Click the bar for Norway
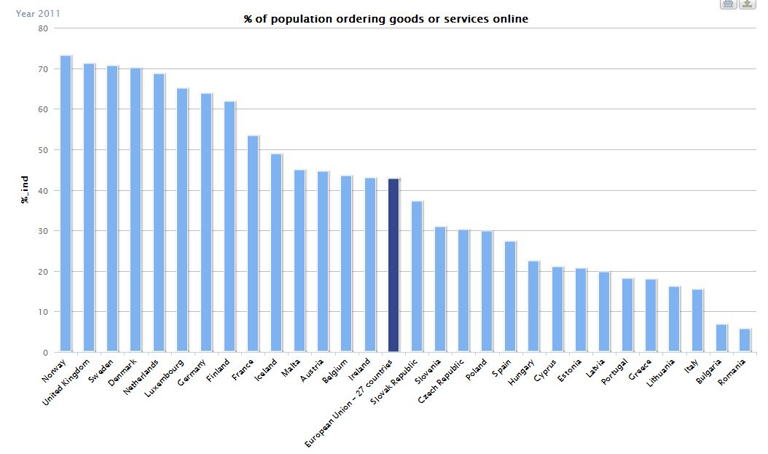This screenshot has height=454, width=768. tap(66, 203)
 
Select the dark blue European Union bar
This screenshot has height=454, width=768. tap(393, 265)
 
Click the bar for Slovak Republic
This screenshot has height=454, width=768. tap(417, 277)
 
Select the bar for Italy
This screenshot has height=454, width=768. tap(697, 321)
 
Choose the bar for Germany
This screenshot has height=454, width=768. tap(206, 222)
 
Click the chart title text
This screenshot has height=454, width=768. tap(385, 19)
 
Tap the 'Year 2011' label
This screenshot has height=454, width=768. tap(39, 13)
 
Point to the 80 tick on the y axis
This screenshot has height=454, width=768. tap(43, 28)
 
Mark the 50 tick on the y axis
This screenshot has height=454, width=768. tap(43, 150)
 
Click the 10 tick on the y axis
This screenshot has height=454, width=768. tap(43, 312)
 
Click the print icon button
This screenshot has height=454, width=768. tap(728, 4)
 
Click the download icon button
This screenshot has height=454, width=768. tap(747, 4)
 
